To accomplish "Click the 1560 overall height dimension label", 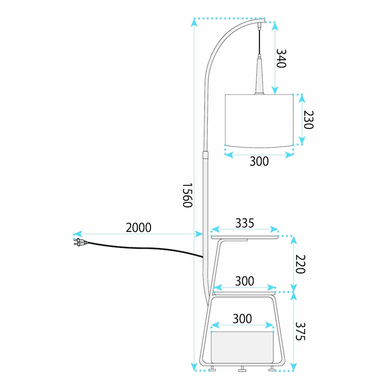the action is point(187,195).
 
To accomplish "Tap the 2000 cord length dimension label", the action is point(138,227).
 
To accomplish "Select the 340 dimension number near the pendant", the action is point(281,58).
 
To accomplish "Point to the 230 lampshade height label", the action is point(309,120).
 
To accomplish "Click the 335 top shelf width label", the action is point(245,223).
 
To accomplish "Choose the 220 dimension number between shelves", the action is point(300,264).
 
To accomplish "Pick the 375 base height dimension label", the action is point(300,331).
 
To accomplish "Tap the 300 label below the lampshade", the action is point(259,161).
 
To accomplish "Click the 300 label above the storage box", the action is point(242,319).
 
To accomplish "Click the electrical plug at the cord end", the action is point(80,242).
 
